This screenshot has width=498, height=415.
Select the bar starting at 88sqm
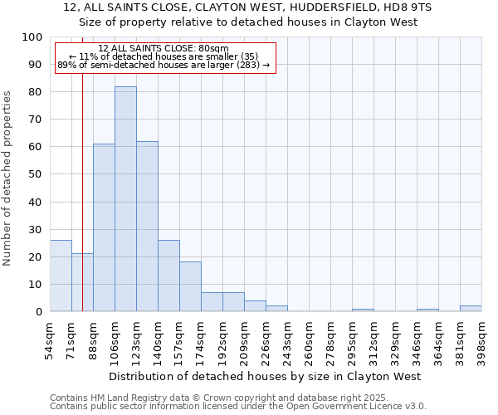104,227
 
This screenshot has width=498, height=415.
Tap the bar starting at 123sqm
147,226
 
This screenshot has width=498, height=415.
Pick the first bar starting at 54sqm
61,276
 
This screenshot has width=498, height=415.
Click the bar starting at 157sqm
190,286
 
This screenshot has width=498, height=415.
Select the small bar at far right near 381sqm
471,309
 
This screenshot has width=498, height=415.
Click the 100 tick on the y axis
32,37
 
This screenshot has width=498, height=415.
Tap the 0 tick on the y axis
38,312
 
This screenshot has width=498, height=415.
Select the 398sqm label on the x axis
481,338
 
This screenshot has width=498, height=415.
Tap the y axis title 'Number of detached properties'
7,178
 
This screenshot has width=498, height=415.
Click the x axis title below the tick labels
265,376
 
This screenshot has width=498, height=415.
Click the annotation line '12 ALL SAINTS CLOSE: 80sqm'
163,49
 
